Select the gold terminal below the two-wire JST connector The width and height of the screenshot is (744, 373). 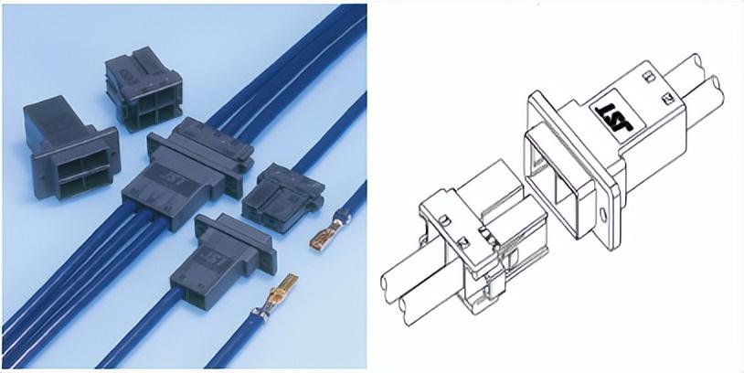[275, 293]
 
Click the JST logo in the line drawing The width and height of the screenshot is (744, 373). [614, 117]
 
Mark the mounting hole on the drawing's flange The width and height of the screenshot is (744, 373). [603, 215]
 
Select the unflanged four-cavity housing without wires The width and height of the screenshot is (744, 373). [143, 89]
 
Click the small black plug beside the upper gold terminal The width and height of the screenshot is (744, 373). [283, 197]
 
